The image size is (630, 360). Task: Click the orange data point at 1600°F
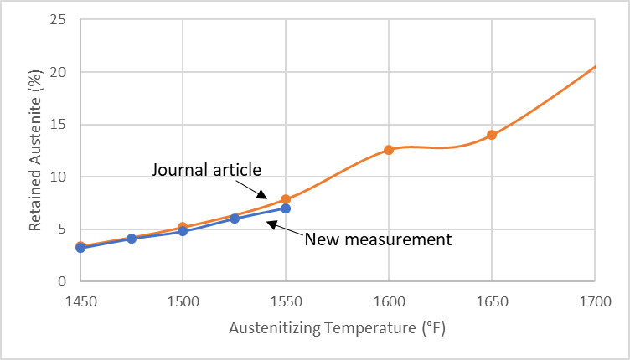[x=389, y=150]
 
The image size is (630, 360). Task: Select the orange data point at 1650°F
[x=492, y=135]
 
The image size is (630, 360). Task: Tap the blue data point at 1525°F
[x=235, y=219]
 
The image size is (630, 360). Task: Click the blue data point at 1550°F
[x=286, y=208]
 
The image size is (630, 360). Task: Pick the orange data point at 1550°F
[x=286, y=199]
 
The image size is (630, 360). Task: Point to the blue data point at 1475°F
[x=132, y=239]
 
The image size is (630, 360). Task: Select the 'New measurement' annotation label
[x=378, y=239]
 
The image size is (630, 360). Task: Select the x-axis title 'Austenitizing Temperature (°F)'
[x=337, y=328]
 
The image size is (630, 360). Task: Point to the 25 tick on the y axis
[x=57, y=20]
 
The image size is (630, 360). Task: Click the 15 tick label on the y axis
[x=57, y=125]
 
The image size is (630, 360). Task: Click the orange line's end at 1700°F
[x=594, y=66]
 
